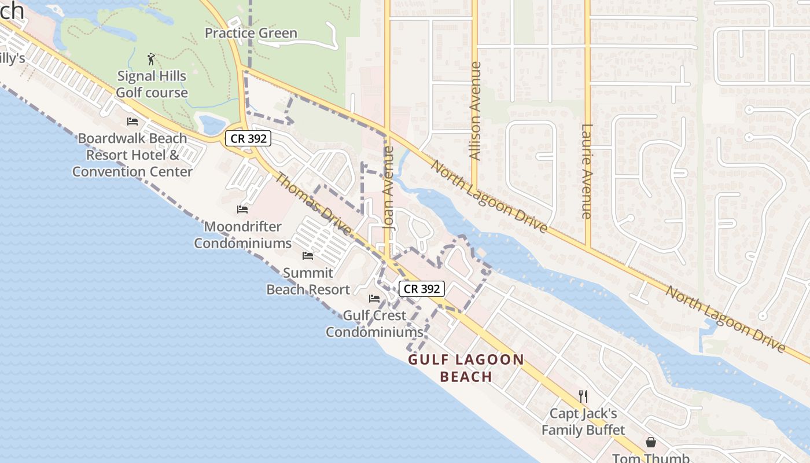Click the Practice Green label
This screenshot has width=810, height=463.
click(251, 33)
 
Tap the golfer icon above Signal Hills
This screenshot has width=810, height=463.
click(152, 59)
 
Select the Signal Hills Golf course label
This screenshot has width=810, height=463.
click(152, 84)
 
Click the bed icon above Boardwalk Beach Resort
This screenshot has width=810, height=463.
click(132, 122)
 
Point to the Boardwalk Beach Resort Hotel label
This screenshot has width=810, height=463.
click(132, 155)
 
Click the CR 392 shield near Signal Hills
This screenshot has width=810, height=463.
click(248, 138)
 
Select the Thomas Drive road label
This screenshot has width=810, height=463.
click(312, 204)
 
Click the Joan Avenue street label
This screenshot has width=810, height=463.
click(389, 188)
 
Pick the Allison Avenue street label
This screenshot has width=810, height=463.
click(475, 111)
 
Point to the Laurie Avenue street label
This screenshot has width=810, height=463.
click(587, 171)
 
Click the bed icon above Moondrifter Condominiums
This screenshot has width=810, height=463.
click(242, 210)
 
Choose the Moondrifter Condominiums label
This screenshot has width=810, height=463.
click(242, 234)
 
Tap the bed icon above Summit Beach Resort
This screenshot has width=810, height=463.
click(308, 255)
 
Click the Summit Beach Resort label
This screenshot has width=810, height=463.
click(308, 281)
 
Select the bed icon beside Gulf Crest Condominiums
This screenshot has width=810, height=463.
click(374, 299)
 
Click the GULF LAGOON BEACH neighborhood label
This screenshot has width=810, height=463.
click(466, 368)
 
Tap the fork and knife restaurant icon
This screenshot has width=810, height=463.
click(583, 396)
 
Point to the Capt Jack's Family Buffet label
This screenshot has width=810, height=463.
click(583, 421)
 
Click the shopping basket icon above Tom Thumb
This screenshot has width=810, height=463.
click(651, 443)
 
